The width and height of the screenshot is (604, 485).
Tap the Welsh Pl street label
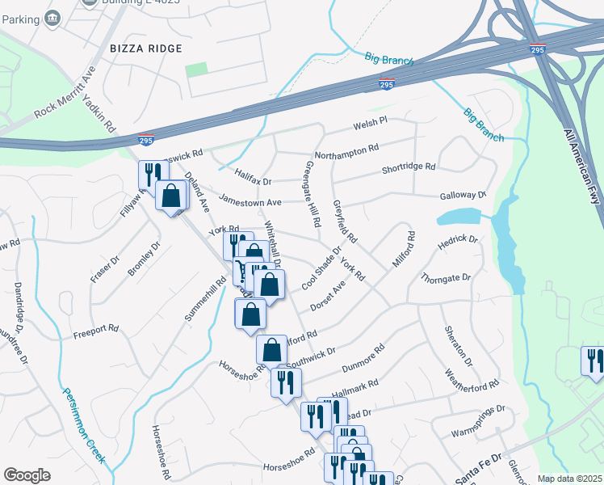[x=371, y=123]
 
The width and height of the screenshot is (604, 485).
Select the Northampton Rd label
[x=346, y=151]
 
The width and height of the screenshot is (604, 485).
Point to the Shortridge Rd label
[x=409, y=169]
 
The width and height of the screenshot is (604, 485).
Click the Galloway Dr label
[x=463, y=196]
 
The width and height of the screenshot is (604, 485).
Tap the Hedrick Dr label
[x=458, y=240]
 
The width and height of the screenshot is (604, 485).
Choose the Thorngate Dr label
[x=445, y=278]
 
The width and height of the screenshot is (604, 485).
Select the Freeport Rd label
[x=96, y=331]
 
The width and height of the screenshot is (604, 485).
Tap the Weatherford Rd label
[x=472, y=379]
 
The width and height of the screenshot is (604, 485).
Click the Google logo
[x=27, y=475]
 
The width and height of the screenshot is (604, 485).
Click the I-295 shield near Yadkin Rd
[x=146, y=140]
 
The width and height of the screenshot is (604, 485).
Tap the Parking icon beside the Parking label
[x=53, y=16]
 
